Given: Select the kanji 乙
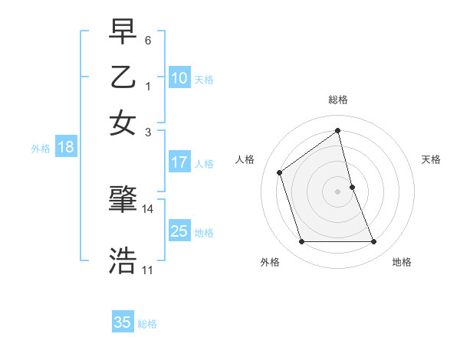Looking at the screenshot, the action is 123,77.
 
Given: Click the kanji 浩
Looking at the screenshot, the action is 123,260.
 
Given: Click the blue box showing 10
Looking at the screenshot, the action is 179,78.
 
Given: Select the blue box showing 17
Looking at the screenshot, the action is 179,162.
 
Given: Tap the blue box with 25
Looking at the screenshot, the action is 179,231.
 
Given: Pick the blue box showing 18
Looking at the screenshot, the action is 65,148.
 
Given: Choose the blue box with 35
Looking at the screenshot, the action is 123,322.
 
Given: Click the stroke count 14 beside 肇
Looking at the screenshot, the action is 148,208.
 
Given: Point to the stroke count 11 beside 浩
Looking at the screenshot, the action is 148,270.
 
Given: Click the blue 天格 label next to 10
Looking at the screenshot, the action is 204,80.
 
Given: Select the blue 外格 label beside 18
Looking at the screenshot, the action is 40,149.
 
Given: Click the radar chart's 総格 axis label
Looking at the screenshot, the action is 338,100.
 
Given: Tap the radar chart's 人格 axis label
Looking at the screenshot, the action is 245,159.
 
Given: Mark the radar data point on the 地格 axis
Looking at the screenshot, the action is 374,242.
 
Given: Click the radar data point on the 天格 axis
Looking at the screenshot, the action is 352,187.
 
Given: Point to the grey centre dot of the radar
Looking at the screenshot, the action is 338,191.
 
